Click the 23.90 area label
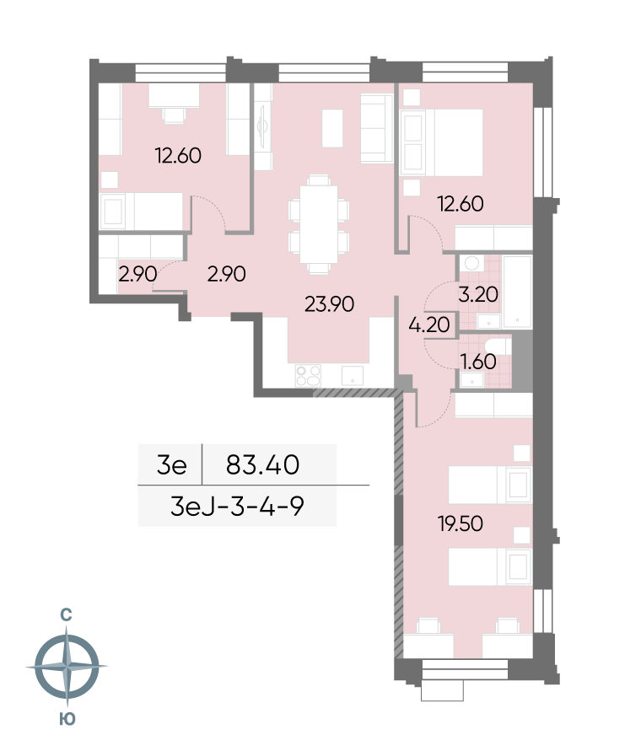click(x=330, y=304)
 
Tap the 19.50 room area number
click(x=461, y=523)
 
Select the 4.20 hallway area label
click(x=429, y=325)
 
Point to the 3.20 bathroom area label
click(x=478, y=294)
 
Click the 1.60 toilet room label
click(x=478, y=361)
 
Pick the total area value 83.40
click(x=263, y=464)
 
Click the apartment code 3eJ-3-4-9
click(x=237, y=506)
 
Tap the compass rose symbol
click(x=67, y=666)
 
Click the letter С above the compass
click(x=66, y=614)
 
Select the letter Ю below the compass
click(x=67, y=719)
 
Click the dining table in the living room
click(x=318, y=224)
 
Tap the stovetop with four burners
click(x=309, y=376)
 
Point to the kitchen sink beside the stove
click(x=353, y=376)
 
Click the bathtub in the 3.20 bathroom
click(x=517, y=292)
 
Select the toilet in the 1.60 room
click(x=497, y=345)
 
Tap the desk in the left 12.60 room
click(x=174, y=95)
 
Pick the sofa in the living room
click(x=377, y=128)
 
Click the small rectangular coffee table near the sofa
click(x=332, y=128)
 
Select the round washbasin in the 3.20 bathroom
click(x=472, y=263)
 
